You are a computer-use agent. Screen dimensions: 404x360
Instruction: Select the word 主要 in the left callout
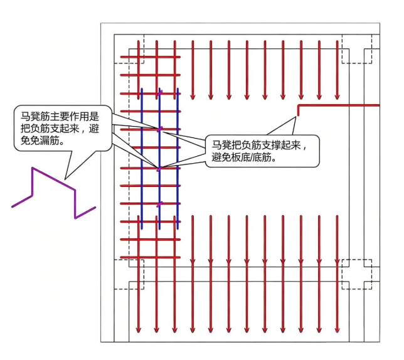[60, 117]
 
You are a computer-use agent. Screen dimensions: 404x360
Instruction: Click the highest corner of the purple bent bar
[33, 167]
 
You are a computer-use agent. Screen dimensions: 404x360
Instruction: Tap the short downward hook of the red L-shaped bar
[299, 111]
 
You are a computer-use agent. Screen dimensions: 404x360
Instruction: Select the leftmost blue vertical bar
[142, 159]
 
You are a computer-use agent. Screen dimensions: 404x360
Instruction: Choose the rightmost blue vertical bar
[178, 159]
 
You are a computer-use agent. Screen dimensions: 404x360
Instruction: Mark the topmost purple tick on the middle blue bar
[160, 93]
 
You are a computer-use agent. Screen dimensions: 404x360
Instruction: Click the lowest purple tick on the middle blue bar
[160, 204]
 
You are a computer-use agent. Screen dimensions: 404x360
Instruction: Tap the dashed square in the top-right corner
[357, 49]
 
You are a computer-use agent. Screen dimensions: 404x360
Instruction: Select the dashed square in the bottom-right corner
[357, 274]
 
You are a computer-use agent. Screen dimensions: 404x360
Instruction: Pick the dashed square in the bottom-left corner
[129, 274]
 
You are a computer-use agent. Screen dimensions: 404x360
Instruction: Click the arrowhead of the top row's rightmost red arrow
[338, 97]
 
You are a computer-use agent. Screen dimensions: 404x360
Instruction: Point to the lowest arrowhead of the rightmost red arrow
[338, 330]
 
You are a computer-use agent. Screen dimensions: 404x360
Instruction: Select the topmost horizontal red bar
[151, 57]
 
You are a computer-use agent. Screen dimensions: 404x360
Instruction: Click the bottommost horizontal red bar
[151, 257]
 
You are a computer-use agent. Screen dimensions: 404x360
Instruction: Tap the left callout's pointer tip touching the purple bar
[65, 179]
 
